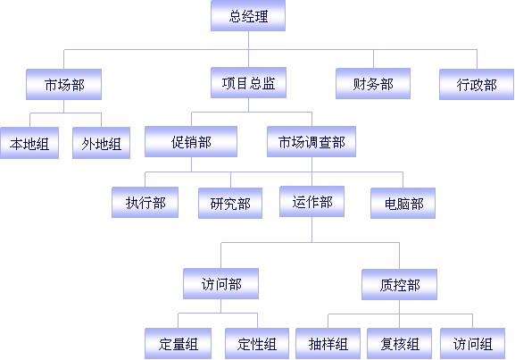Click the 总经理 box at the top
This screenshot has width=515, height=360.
(248, 16)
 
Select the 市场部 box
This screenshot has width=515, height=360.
(63, 85)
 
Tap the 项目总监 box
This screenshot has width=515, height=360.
(248, 83)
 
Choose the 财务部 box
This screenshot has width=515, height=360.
(373, 83)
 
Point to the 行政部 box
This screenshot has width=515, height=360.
(477, 85)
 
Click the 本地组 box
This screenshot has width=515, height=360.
(29, 143)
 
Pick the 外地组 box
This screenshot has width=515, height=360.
(101, 143)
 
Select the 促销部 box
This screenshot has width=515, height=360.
(191, 142)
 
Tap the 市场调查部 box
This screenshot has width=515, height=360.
(311, 142)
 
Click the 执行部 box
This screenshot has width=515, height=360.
(145, 203)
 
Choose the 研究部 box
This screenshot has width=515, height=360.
(230, 203)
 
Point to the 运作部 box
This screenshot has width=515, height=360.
(312, 202)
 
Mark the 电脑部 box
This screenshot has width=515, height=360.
(403, 203)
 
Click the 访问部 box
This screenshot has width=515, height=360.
(221, 284)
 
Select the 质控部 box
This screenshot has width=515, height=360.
(399, 285)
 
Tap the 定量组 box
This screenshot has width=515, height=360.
(178, 344)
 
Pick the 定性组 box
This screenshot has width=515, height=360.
(257, 344)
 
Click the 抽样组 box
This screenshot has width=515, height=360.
(328, 344)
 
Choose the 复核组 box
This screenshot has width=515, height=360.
(399, 344)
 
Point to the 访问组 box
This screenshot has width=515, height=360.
(473, 344)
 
